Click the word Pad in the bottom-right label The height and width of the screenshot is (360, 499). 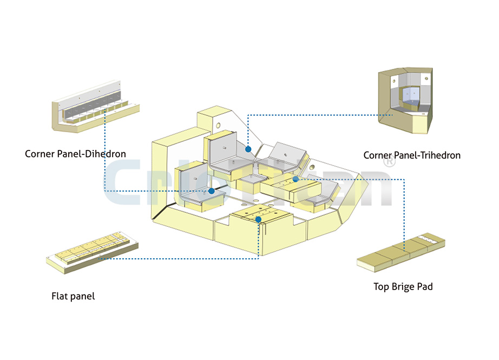(x=425, y=286)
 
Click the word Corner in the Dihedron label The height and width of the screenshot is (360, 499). (x=40, y=154)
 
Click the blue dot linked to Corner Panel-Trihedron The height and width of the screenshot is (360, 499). (x=248, y=149)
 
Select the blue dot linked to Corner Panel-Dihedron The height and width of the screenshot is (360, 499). (x=212, y=191)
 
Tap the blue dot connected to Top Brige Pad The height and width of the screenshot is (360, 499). (x=296, y=179)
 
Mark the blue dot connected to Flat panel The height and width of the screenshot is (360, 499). (x=259, y=220)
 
